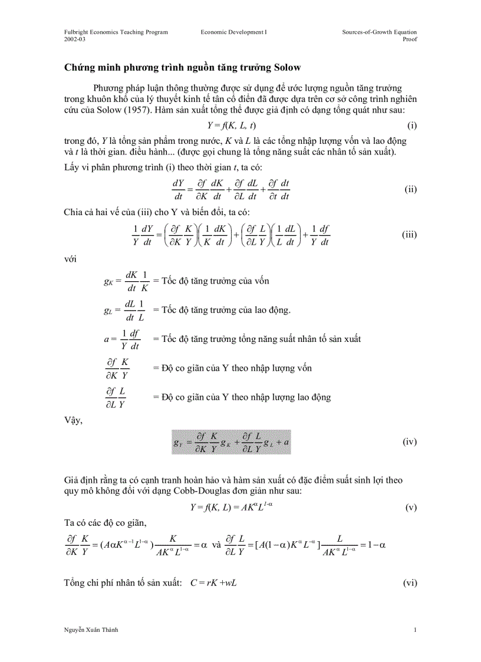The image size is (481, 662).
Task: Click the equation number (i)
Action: pyautogui.click(x=412, y=126)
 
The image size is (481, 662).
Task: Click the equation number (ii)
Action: pyautogui.click(x=411, y=189)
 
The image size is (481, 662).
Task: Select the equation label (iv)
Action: pyautogui.click(x=410, y=441)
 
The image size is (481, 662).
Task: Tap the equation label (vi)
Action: pyautogui.click(x=410, y=582)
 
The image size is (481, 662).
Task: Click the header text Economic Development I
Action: pyautogui.click(x=234, y=32)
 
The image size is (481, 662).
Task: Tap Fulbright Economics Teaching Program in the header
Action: pyautogui.click(x=116, y=32)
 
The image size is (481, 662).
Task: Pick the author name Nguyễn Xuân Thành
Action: pyautogui.click(x=91, y=630)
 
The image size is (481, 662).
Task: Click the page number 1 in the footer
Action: pyautogui.click(x=415, y=630)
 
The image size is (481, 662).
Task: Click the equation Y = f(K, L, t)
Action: pyautogui.click(x=231, y=126)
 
